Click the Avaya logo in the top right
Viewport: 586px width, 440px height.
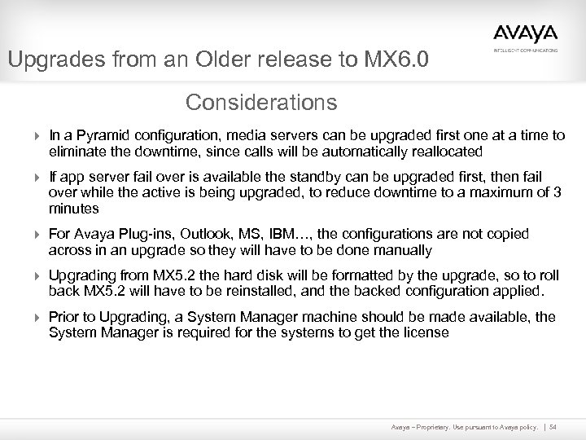point(525,33)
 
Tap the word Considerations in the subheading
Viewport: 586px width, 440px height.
point(260,103)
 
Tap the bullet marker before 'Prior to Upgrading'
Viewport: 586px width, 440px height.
point(36,318)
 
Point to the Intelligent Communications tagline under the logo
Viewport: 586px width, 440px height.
point(526,50)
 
